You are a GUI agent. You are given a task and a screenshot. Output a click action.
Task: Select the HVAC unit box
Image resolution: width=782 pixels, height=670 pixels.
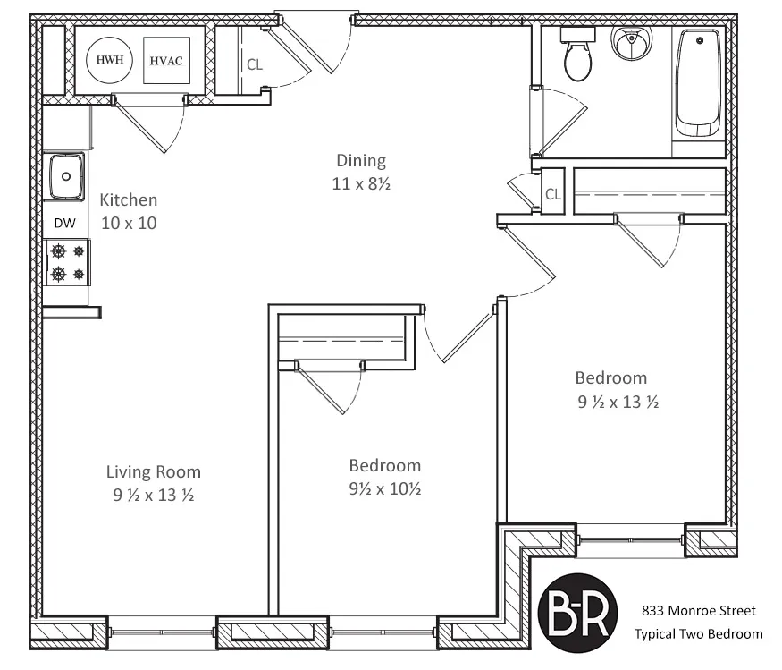(166, 61)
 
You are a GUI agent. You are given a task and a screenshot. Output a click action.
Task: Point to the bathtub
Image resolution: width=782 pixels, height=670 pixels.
(698, 82)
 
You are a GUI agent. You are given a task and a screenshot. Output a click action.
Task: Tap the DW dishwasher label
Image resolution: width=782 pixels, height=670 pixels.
(65, 224)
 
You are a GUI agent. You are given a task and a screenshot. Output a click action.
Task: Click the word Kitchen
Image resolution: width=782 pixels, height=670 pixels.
(128, 199)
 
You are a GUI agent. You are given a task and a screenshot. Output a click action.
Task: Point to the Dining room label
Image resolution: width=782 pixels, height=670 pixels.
(361, 161)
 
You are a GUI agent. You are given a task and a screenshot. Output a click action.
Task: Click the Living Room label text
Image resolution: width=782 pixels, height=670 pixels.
(154, 471)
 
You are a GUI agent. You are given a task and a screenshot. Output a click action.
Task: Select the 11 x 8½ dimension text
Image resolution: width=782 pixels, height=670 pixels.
(361, 185)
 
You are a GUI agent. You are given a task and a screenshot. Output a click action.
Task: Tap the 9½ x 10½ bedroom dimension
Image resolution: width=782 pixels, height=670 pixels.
(384, 489)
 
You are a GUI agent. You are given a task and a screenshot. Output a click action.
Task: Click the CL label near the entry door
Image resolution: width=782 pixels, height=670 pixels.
(255, 64)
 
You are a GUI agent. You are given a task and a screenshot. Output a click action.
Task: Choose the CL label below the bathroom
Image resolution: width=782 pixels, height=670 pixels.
(553, 194)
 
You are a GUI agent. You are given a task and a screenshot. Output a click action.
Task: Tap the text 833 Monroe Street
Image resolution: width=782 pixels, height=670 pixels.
(698, 611)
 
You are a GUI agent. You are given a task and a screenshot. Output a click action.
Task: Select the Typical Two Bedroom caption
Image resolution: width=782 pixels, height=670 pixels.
(698, 634)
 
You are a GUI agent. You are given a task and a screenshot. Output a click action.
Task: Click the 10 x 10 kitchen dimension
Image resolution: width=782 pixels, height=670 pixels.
(129, 223)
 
